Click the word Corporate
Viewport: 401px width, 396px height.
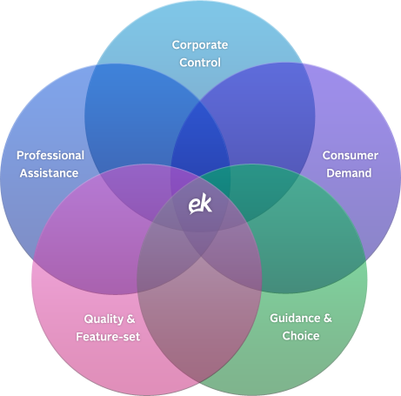[200, 45]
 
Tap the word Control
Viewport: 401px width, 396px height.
[200, 63]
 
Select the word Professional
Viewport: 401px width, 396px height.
[50, 155]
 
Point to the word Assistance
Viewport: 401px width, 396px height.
[49, 173]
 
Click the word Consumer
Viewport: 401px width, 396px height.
[351, 155]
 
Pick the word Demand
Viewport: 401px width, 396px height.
[349, 173]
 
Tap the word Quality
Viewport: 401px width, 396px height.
[104, 319]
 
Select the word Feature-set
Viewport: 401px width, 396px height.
[108, 337]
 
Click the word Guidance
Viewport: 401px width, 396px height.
[295, 318]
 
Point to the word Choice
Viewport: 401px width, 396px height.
[301, 336]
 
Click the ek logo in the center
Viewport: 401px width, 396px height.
[200, 204]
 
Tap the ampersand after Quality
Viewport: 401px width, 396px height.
[130, 319]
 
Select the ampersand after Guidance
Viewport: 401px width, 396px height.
[328, 318]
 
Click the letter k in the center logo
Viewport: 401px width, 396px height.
[206, 202]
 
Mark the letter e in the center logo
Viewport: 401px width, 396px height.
[194, 205]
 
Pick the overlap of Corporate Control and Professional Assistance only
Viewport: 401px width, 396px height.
[137, 111]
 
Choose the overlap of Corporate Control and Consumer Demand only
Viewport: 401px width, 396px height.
[261, 111]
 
